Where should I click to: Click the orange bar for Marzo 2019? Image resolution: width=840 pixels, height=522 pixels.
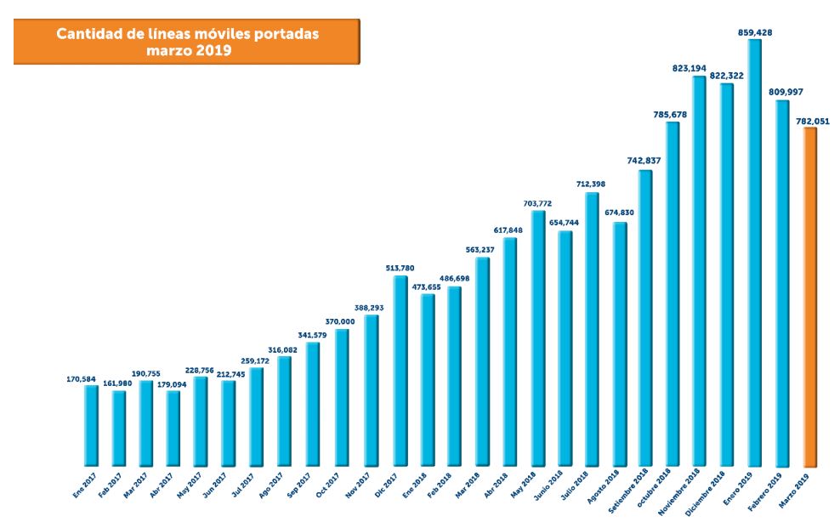click(810, 298)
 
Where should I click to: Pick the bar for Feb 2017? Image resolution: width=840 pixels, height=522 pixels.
click(119, 428)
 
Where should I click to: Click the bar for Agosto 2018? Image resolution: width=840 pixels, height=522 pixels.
click(621, 344)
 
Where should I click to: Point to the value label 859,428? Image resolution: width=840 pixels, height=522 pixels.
click(755, 32)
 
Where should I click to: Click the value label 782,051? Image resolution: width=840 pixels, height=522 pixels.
click(812, 121)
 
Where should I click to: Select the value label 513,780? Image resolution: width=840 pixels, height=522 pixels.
click(400, 268)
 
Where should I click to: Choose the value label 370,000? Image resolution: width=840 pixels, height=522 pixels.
click(343, 322)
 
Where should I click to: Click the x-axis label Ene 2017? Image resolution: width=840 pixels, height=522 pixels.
click(82, 485)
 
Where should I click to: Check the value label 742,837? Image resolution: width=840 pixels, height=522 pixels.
click(644, 161)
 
